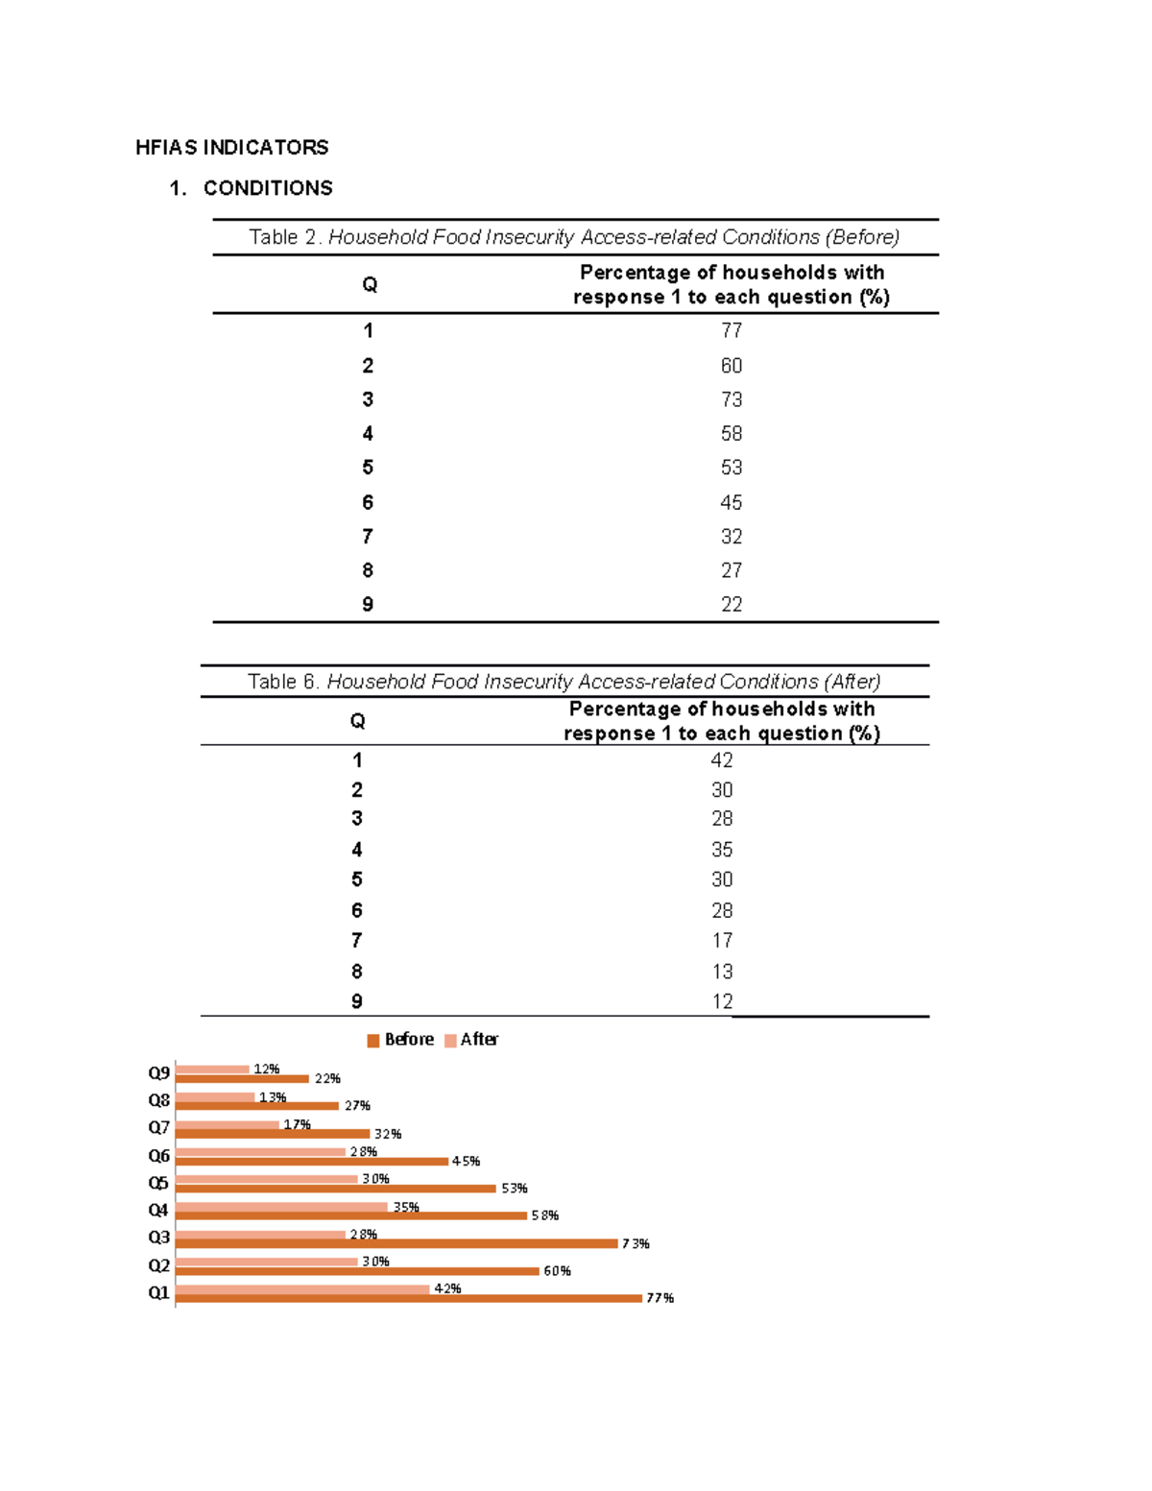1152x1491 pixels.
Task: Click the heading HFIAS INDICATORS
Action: coord(231,147)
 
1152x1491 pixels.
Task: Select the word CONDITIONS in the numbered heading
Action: coord(268,188)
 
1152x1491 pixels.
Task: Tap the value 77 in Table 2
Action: coord(731,330)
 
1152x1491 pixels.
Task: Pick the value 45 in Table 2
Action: coord(731,502)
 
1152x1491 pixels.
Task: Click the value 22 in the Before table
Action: coord(731,604)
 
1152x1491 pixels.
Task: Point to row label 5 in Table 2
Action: coord(368,468)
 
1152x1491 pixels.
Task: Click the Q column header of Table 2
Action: coord(370,285)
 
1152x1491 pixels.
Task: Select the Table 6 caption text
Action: coord(564,682)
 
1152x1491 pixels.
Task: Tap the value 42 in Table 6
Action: coord(721,760)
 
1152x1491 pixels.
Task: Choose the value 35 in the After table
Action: coord(721,850)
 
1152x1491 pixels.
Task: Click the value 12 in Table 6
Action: coord(721,1001)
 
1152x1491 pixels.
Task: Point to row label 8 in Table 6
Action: coord(357,972)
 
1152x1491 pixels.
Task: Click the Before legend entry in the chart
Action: coord(400,1040)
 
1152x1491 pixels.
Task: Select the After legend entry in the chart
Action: coord(471,1040)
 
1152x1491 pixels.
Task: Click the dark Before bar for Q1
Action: coord(408,1299)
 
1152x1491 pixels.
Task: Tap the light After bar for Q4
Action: coord(281,1207)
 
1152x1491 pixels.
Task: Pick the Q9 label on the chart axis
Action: coord(158,1072)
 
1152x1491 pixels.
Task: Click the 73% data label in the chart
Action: coord(636,1243)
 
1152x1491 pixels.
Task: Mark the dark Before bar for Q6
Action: coord(311,1162)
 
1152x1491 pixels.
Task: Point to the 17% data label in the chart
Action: coord(297,1124)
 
